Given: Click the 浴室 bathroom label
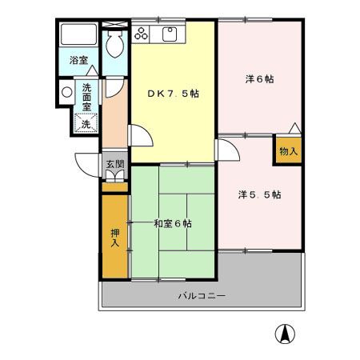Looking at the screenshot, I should [x=78, y=60].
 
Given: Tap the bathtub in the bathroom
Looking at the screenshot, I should [x=78, y=35].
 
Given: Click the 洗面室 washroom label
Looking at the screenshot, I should [x=86, y=95].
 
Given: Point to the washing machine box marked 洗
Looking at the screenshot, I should [x=85, y=123].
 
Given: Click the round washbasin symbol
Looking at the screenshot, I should [x=66, y=92].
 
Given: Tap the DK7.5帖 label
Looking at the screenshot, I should [x=173, y=94].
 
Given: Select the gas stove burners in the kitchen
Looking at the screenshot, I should [x=142, y=34].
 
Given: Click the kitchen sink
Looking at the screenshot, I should [x=170, y=34].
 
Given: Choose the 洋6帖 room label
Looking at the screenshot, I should [x=259, y=79].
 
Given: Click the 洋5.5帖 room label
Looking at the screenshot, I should [x=258, y=194].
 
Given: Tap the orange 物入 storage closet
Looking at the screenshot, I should [x=288, y=150].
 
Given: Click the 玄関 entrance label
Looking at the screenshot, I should [x=115, y=165].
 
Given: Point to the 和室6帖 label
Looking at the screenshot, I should [x=172, y=223].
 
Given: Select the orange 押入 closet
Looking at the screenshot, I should [x=114, y=236].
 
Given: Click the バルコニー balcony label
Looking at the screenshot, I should [x=201, y=296].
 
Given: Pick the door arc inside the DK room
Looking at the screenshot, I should [x=141, y=136].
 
